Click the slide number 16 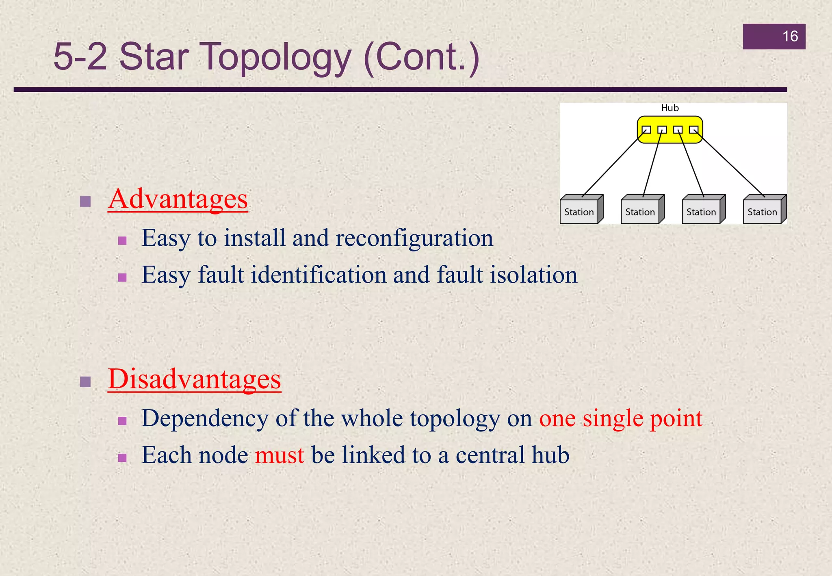point(790,37)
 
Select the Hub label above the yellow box point(670,108)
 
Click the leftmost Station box point(579,212)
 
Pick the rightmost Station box point(762,212)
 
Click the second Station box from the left point(640,212)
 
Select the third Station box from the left point(701,212)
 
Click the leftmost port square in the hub point(646,130)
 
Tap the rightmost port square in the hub point(693,130)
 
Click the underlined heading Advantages point(178,199)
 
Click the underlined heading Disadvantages point(194,379)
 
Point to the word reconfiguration point(414,238)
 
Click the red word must point(279,455)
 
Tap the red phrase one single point point(621,418)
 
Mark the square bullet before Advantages point(85,201)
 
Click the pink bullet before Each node point(122,458)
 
